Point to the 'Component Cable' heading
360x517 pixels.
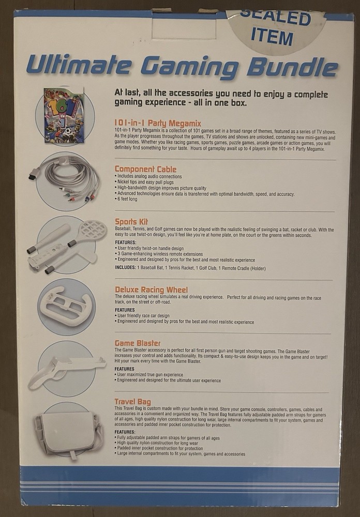tap(145, 169)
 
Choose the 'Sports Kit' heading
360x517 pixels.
tap(131, 222)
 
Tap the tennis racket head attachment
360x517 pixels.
tap(92, 230)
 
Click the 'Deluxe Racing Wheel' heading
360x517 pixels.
tap(151, 290)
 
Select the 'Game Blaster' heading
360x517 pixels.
tap(138, 343)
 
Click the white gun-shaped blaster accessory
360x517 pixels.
tap(65, 370)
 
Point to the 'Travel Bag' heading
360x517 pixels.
tap(132, 401)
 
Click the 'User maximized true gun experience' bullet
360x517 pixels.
tap(150, 374)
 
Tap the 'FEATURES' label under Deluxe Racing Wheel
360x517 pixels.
tap(125, 310)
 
